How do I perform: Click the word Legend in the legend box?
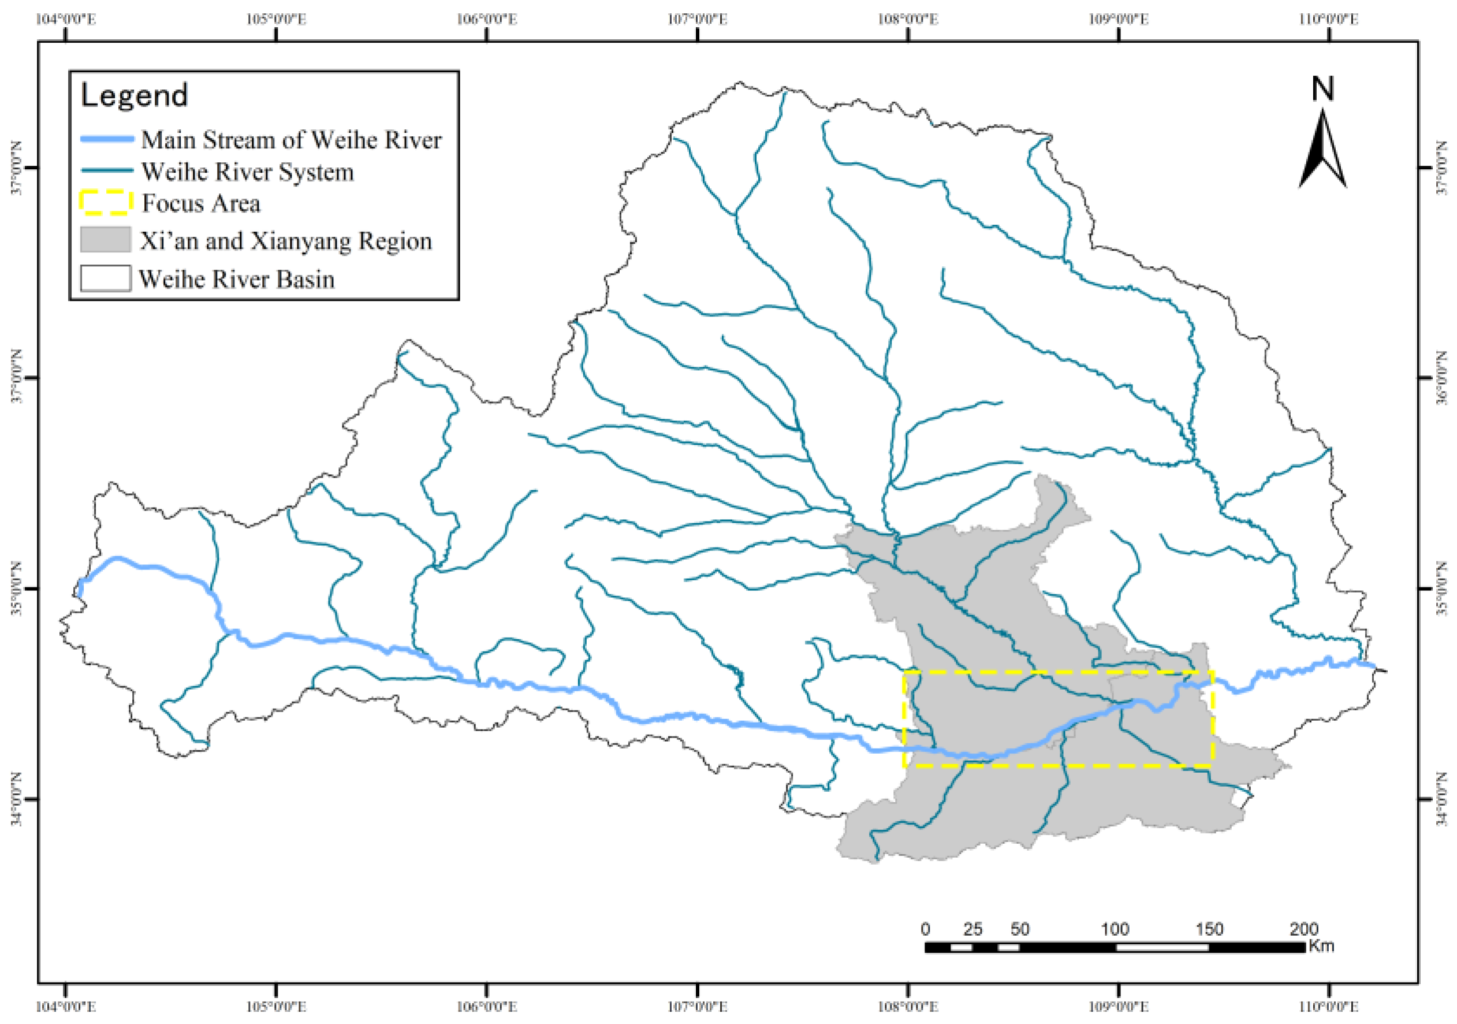(x=134, y=95)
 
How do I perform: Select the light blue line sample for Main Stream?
(x=107, y=139)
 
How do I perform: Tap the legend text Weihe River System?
(x=248, y=172)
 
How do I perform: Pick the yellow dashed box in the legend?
(x=106, y=203)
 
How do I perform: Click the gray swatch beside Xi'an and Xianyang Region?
(x=105, y=240)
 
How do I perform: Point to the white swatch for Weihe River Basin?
(x=105, y=278)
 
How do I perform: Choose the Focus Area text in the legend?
(x=201, y=203)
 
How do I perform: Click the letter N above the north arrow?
(x=1322, y=89)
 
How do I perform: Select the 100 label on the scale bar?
(x=1115, y=929)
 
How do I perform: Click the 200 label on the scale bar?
(x=1303, y=929)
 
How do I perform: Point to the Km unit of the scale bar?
(x=1321, y=946)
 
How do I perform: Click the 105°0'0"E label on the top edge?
(x=276, y=19)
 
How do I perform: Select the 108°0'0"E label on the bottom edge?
(x=907, y=1007)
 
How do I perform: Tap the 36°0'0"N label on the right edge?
(x=1443, y=378)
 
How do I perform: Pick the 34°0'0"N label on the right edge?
(x=1443, y=799)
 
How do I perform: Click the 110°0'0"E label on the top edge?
(x=1328, y=19)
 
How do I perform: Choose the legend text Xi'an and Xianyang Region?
(x=285, y=241)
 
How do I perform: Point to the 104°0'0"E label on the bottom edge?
(x=65, y=1007)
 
